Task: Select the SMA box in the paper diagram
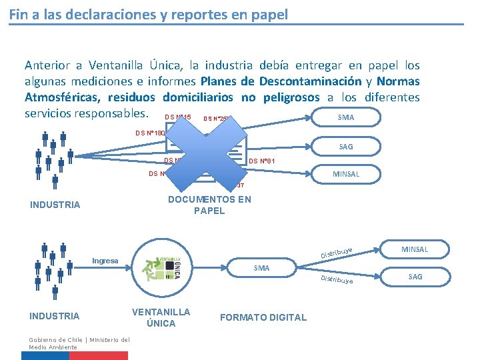pos(346,117)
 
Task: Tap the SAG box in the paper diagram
pos(346,146)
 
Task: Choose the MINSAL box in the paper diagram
pos(346,174)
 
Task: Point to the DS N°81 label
pos(262,161)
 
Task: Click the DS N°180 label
pos(150,133)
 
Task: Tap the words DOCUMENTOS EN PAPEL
pos(209,205)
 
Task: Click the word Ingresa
pos(105,261)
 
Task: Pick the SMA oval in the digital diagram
pos(261,268)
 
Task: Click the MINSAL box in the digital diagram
pos(415,249)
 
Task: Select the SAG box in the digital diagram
pos(415,276)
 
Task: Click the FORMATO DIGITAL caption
pos(263,317)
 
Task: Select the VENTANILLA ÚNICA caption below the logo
pos(161,317)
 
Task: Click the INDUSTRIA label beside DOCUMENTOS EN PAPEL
pos(55,205)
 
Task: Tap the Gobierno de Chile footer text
pos(79,343)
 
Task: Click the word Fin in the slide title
pos(18,13)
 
